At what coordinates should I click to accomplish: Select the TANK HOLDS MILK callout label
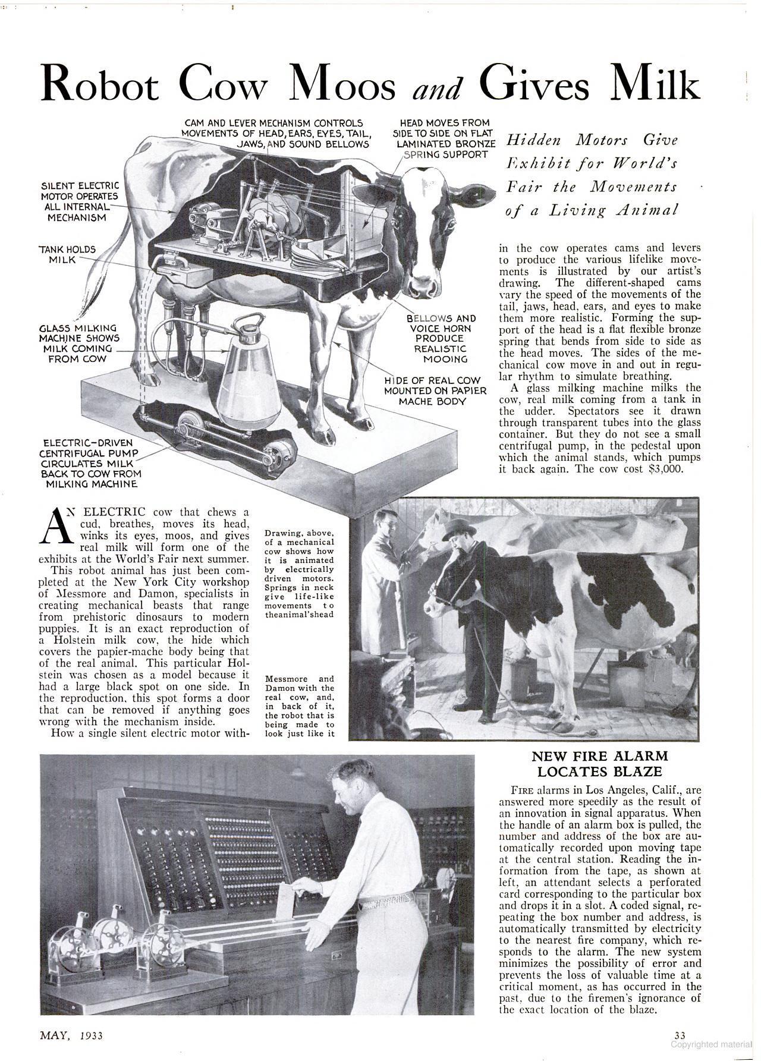pos(67,254)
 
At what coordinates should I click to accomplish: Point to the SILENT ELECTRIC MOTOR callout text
pos(80,202)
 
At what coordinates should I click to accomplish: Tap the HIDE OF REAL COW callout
pos(435,391)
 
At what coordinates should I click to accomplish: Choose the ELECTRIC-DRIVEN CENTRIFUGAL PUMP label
pos(90,463)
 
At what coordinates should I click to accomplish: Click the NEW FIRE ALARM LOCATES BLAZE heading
pos(600,764)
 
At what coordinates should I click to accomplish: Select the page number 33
pos(680,1036)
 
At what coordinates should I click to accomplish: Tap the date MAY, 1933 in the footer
pos(71,1035)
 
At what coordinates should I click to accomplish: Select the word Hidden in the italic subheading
pos(533,141)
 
